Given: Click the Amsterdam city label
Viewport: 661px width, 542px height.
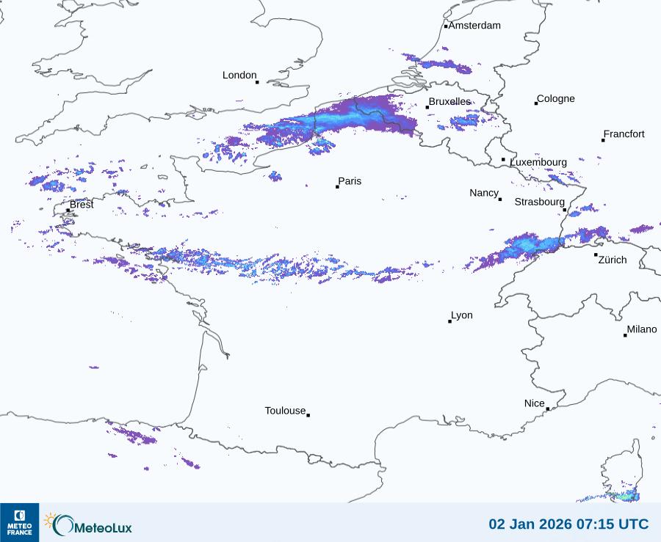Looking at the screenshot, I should (x=474, y=26).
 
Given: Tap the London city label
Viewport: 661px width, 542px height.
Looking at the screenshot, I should (x=239, y=76).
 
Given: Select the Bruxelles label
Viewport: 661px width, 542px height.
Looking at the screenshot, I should (x=449, y=102).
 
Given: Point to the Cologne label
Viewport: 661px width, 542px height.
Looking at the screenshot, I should (x=556, y=99).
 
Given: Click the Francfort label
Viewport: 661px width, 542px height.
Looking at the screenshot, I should (x=624, y=134).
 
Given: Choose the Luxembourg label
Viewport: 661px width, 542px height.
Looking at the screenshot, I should (x=538, y=162).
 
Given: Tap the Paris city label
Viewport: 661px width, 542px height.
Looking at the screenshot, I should (x=350, y=181).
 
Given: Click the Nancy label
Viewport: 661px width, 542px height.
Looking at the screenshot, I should (x=484, y=193).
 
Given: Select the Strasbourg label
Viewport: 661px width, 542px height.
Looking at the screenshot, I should (x=540, y=202).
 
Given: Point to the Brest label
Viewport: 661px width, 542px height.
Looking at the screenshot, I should (x=82, y=205).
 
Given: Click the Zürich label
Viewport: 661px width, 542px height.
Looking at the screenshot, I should (x=613, y=260).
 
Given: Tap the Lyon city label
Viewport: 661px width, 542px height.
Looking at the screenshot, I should (x=462, y=315).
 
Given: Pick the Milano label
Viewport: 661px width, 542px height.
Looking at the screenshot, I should (x=642, y=329).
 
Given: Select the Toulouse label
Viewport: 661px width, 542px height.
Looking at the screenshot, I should (x=285, y=411).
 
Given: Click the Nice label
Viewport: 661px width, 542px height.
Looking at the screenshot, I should (x=535, y=403).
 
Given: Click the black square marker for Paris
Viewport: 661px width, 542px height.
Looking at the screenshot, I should (x=337, y=187).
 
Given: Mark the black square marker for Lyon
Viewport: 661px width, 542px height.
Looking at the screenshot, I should (x=450, y=321).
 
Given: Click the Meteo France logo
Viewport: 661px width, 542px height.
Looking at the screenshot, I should (x=19, y=522).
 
